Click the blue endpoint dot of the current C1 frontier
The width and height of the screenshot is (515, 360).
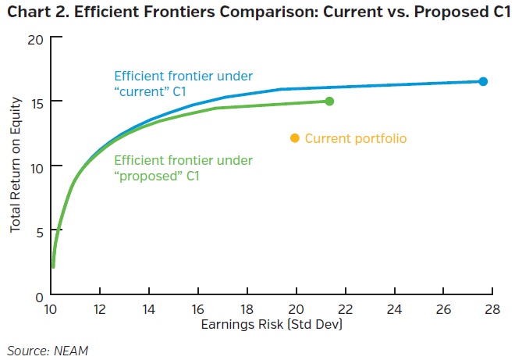483,81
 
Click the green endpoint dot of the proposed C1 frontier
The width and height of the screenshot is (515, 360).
329,101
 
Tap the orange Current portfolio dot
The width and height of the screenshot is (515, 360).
294,138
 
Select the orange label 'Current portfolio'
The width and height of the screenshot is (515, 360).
355,138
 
